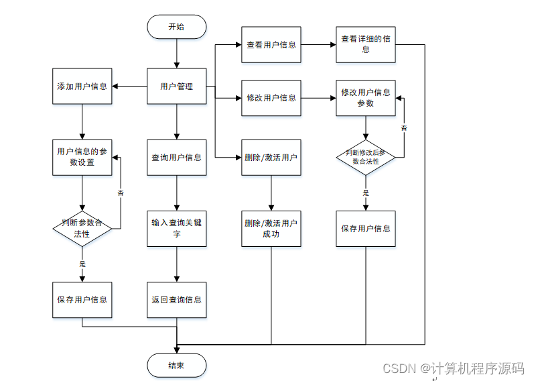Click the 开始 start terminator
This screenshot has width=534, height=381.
click(176, 27)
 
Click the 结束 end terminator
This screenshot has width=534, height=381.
click(176, 366)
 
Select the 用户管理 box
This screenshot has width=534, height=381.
click(176, 86)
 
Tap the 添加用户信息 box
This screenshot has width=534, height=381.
click(82, 86)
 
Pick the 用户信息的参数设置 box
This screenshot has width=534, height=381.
click(82, 157)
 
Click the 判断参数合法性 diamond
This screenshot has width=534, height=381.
click(82, 229)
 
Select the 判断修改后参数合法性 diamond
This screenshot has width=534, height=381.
click(365, 157)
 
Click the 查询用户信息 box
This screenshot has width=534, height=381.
click(176, 157)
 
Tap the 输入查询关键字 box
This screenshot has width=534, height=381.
click(176, 229)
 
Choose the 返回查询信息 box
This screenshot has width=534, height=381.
click(176, 300)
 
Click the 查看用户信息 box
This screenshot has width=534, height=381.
click(271, 44)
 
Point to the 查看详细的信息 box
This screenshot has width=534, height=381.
click(365, 44)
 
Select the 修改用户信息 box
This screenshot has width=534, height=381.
click(271, 98)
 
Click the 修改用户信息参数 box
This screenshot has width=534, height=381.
click(365, 98)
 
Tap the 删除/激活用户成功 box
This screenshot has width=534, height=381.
click(271, 229)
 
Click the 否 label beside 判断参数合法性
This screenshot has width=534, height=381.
click(121, 193)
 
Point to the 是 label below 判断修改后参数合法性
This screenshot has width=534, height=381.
click(365, 193)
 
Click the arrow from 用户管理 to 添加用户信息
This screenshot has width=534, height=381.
click(129, 86)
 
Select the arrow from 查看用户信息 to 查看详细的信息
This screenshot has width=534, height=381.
click(318, 44)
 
